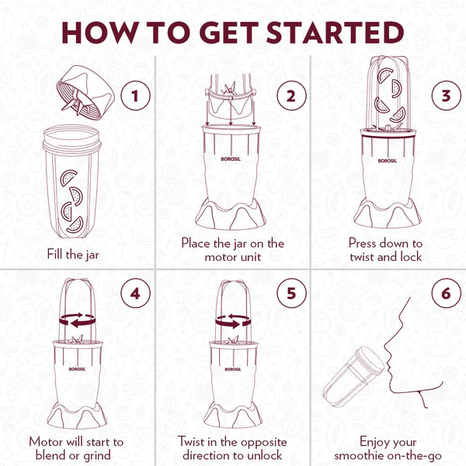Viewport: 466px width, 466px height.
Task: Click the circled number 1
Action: pyautogui.click(x=135, y=96)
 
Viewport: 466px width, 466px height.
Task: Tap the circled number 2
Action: pyautogui.click(x=291, y=96)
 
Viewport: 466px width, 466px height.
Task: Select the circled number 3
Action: pyautogui.click(x=446, y=96)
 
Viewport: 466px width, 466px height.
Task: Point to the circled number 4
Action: pyautogui.click(x=135, y=294)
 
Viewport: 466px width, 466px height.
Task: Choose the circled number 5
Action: pyautogui.click(x=291, y=294)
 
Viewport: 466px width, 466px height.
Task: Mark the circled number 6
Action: pyautogui.click(x=446, y=294)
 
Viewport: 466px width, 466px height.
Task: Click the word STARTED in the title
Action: pyautogui.click(x=335, y=33)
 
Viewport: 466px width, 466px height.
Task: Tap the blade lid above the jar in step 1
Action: pyautogui.click(x=85, y=90)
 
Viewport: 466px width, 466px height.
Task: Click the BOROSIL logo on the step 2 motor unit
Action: pyautogui.click(x=231, y=159)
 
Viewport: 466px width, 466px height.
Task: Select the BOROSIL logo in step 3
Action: pyautogui.click(x=388, y=161)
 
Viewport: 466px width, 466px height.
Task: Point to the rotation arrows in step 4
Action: pyautogui.click(x=78, y=320)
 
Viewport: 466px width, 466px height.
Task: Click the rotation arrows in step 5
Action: pyautogui.click(x=233, y=321)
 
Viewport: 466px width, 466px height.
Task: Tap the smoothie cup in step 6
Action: pyautogui.click(x=353, y=372)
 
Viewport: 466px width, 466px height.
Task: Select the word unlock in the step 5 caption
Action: pyautogui.click(x=265, y=455)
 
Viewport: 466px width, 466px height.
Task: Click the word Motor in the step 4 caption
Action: pyautogui.click(x=46, y=442)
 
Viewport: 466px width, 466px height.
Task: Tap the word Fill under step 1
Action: pyautogui.click(x=55, y=254)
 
